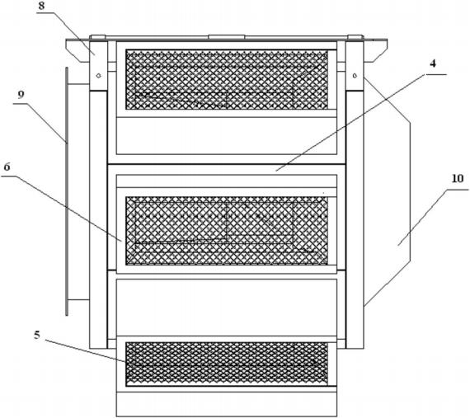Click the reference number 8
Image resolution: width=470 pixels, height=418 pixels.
point(41,7)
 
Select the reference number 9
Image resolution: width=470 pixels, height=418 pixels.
point(21,95)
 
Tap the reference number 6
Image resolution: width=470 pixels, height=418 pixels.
point(7,167)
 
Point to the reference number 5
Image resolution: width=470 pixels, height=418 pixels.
point(36,335)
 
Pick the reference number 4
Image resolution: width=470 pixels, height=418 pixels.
point(433,63)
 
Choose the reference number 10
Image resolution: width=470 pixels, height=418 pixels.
point(458,179)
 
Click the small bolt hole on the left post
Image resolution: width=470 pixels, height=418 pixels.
point(98,76)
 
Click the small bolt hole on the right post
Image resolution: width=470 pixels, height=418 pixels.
point(355,75)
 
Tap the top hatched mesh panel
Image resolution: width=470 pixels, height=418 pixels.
point(227,79)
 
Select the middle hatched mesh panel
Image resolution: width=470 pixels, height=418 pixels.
point(227,231)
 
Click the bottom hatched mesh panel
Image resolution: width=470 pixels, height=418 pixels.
point(227,364)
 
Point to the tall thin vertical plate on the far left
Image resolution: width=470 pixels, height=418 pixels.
point(67,191)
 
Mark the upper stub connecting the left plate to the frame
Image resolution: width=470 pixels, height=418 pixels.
point(78,85)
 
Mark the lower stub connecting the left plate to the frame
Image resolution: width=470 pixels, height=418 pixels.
point(78,299)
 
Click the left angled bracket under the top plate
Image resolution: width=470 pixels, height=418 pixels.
point(78,51)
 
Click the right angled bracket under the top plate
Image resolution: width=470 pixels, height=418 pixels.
point(375,51)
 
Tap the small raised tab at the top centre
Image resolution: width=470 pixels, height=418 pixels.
point(227,37)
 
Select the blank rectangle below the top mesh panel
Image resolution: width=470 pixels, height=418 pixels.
point(227,135)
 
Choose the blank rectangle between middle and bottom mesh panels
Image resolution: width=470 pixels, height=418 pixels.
point(227,308)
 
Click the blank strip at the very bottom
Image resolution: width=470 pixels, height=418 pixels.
point(227,404)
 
